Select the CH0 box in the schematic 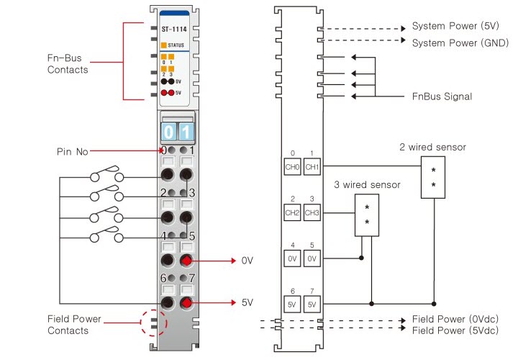(291, 167)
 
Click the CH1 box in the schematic (312, 167)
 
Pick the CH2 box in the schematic (291, 212)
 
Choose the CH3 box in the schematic (312, 212)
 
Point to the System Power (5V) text (455, 27)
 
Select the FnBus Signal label (442, 96)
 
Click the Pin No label (72, 152)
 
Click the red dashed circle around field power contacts (152, 323)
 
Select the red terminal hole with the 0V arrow (187, 260)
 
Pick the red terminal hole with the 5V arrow (187, 302)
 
